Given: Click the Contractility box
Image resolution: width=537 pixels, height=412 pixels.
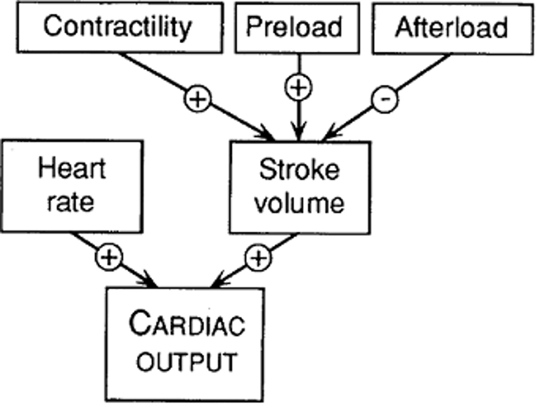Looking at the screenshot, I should (119, 27).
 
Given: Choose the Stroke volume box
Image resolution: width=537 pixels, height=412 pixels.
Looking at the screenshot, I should (299, 188).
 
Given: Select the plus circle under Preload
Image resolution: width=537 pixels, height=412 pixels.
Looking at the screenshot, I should (298, 88).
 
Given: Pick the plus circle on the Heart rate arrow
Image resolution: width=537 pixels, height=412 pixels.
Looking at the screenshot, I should (109, 257).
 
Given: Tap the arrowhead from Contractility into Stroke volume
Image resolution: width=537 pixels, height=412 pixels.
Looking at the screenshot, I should (267, 135).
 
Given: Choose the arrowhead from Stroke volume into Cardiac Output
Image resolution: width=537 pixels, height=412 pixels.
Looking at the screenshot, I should (219, 282).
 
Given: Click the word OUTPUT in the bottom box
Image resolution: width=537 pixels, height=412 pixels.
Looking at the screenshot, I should (186, 362).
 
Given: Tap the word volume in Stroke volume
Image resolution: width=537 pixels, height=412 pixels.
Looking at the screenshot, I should (299, 204).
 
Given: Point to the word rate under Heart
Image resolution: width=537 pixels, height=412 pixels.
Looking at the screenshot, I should (70, 202).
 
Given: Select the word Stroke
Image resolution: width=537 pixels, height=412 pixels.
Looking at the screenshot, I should (299, 170).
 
